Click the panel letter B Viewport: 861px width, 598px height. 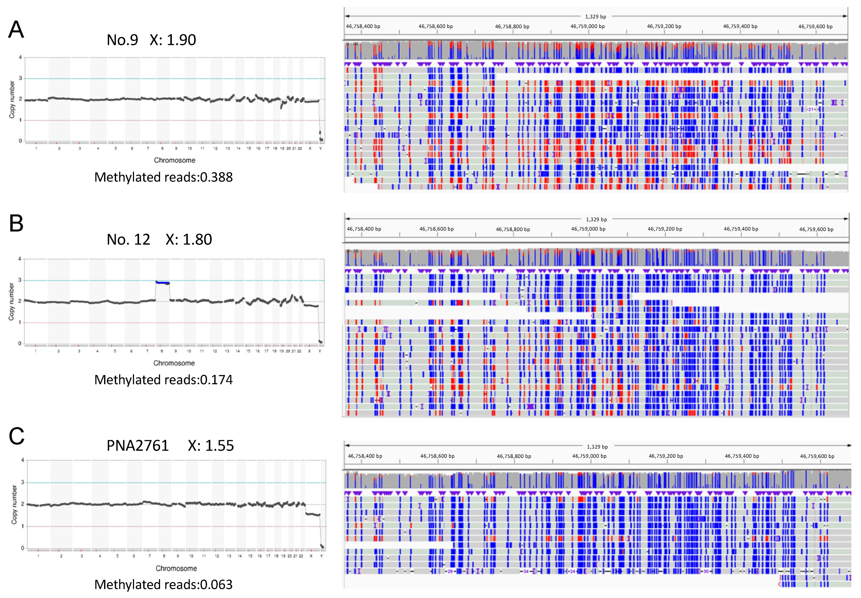click(16, 224)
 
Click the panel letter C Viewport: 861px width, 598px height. click(17, 436)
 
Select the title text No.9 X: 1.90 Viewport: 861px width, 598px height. click(151, 40)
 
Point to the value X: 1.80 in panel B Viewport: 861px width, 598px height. click(189, 239)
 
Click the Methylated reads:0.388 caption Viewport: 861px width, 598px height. click(163, 177)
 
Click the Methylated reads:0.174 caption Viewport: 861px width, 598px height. click(163, 380)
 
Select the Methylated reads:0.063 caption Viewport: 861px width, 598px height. click(163, 585)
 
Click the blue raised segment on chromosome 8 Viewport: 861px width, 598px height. click(162, 282)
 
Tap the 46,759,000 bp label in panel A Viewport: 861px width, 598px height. click(587, 26)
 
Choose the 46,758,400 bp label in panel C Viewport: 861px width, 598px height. click(365, 456)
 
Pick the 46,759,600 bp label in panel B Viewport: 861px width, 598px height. click(816, 229)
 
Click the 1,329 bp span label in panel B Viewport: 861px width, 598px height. click(596, 219)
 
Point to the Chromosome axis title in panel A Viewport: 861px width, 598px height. click(175, 160)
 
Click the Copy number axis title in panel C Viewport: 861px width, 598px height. click(14, 504)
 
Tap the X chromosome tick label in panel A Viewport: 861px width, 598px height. click(310, 148)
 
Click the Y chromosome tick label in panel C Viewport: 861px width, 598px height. click(321, 556)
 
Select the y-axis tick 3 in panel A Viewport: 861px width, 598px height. click(21, 78)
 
